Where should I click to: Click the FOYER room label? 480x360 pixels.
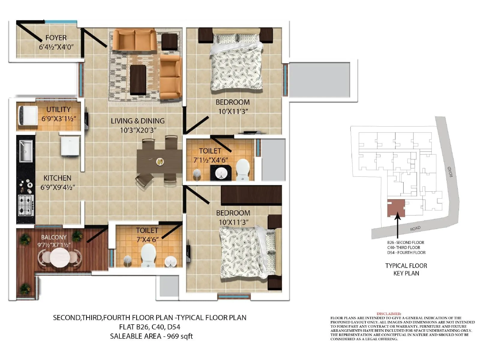pos(56,38)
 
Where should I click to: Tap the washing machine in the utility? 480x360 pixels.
pos(28,115)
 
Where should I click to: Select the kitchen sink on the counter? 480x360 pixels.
pos(26,151)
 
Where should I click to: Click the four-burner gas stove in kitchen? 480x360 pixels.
pos(26,205)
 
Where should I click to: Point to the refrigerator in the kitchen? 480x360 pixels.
pos(70,145)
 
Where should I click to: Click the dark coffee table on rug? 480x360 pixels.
pos(138,80)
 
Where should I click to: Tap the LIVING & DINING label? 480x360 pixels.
pos(138,121)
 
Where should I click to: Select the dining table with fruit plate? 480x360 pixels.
pos(159,161)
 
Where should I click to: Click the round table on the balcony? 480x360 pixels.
pos(60,257)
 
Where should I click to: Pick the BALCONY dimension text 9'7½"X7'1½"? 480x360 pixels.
pos(54,245)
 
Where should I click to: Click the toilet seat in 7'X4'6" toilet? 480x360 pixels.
pos(148,255)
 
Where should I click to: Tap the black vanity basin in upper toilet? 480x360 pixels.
pos(221,173)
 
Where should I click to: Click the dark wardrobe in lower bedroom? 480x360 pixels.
pos(251,195)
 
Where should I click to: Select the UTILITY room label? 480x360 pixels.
pos(58,109)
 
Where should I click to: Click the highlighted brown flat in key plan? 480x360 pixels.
pos(396,208)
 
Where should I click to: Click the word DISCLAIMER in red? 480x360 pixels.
pos(388,314)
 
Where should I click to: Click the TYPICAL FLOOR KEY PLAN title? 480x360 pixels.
pos(406,269)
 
